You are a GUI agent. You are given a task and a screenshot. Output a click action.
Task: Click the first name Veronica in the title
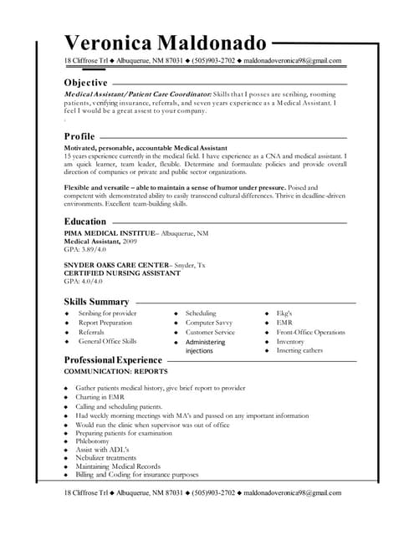coord(105,43)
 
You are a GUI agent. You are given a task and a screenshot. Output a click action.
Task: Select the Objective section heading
coord(85,84)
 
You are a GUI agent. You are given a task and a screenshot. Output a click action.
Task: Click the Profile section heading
coord(79,136)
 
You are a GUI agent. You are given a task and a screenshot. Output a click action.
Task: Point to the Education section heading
coord(85,222)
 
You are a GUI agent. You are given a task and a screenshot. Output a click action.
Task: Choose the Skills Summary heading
coord(96,302)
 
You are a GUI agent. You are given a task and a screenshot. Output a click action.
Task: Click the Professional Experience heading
coord(114,359)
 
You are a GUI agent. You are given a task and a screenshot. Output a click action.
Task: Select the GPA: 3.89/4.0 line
coord(85,249)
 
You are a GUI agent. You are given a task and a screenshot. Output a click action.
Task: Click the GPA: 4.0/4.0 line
coord(83,282)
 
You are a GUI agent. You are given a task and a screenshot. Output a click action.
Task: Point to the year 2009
coord(130,241)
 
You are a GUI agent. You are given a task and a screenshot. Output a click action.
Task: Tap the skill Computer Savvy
coord(209,322)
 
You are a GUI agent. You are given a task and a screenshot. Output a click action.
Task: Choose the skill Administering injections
coord(205,346)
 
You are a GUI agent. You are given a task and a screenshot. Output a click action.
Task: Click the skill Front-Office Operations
coord(310,332)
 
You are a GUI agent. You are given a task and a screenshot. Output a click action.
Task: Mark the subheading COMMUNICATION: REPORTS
coord(115,370)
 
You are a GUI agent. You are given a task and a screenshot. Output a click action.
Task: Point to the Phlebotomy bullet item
coord(94,441)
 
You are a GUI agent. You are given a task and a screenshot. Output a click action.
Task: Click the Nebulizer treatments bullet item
coord(105,457)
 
